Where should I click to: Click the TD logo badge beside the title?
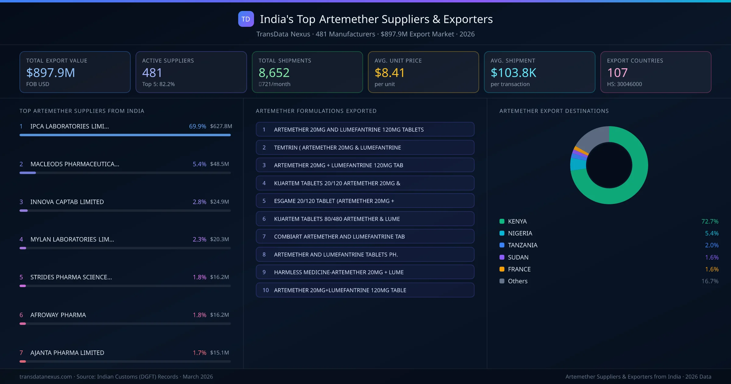click(246, 19)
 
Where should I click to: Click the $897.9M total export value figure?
click(51, 73)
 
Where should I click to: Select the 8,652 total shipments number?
click(274, 73)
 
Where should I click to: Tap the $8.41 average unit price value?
click(390, 73)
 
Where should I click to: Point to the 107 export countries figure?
click(617, 73)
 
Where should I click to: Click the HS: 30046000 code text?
click(624, 84)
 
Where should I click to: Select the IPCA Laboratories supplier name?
click(69, 126)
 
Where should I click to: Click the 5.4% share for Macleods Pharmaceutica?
click(199, 164)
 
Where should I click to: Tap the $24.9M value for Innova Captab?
click(219, 202)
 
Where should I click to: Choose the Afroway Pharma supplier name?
click(58, 315)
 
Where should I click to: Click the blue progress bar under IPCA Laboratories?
click(125, 135)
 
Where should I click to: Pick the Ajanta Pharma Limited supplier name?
click(67, 353)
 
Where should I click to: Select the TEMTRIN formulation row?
click(365, 148)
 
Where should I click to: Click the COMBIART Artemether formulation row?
click(365, 236)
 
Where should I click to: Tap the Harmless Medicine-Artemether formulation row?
click(365, 272)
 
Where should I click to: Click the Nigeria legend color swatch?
click(502, 233)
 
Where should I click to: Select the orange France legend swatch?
click(502, 269)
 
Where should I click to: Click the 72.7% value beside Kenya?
click(710, 221)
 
